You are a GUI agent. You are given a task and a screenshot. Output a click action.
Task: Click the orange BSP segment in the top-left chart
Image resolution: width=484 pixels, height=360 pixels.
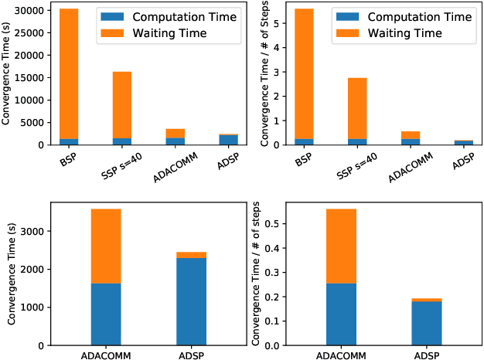[x=69, y=73]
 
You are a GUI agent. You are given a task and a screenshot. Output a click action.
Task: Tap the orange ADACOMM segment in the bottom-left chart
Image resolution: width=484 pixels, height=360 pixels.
[x=106, y=246]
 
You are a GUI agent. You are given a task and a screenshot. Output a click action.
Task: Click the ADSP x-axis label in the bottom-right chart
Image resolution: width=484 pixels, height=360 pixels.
[x=426, y=356]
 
